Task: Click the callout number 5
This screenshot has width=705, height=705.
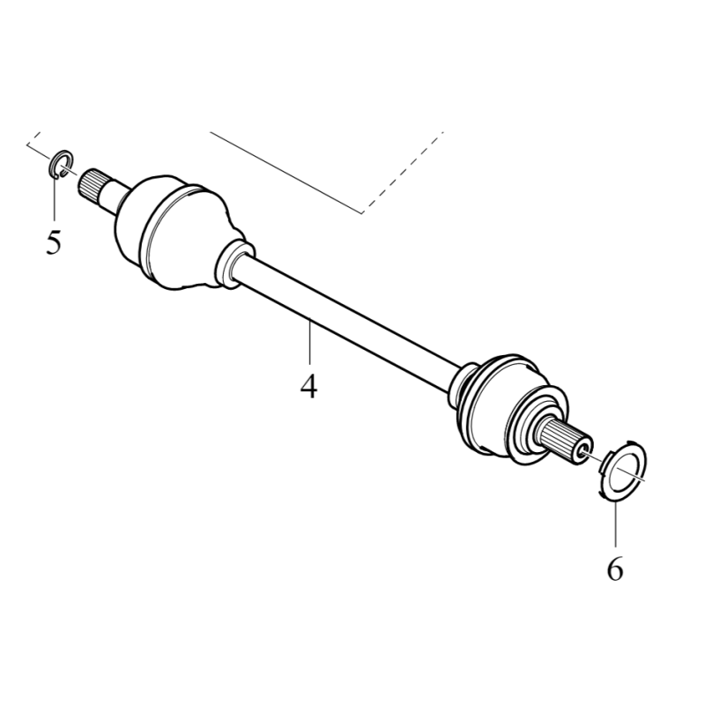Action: point(53,242)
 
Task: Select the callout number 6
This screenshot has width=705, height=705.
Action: point(615,568)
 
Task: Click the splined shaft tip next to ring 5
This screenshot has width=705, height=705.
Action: point(90,186)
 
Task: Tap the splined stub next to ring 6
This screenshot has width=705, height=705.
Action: point(562,440)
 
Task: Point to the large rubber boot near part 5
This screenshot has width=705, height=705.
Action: point(180,232)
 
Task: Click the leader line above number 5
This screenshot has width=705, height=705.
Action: point(55,199)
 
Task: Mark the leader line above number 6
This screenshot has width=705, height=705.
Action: point(615,523)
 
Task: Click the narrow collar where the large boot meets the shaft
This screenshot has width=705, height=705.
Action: point(234,263)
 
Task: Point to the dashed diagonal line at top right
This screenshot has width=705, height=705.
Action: point(403,172)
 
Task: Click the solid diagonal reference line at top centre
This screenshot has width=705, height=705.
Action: point(286,173)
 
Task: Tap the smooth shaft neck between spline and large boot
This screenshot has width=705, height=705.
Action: point(115,197)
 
